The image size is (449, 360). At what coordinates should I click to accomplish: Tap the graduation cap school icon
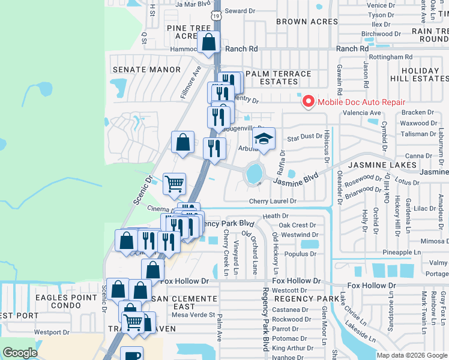pos(263,139)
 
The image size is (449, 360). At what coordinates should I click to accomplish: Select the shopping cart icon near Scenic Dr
pos(174,184)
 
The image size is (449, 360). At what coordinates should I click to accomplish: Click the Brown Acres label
pos(303,22)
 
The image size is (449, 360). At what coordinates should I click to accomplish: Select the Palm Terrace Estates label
pos(278,78)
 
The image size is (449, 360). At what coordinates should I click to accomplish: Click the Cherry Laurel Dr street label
pos(273,202)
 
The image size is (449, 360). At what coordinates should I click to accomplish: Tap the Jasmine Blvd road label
pos(295,178)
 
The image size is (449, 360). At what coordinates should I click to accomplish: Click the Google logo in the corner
pos(20,353)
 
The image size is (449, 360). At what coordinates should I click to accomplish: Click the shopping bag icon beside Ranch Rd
pos(208,43)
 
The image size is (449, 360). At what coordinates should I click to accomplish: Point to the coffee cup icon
pos(131,355)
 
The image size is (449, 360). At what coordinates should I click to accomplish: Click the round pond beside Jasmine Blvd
pos(254,173)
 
